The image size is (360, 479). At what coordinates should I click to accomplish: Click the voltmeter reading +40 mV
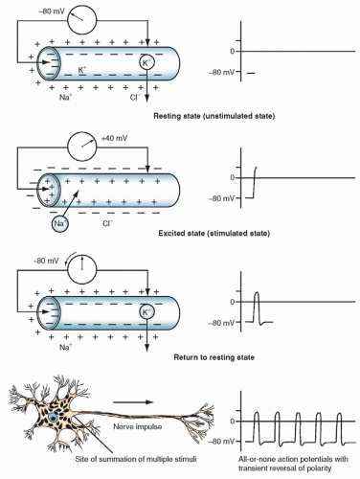81,147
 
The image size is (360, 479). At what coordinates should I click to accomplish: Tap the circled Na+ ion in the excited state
59,223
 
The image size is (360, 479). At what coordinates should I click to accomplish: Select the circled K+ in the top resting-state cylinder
146,63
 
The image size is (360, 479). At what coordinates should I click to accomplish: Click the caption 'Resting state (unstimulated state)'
214,116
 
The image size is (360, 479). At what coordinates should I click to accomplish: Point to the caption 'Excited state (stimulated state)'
214,234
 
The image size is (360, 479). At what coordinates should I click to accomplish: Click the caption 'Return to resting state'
214,357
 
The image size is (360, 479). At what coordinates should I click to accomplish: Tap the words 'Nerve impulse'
138,426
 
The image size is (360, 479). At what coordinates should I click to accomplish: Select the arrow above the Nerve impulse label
133,402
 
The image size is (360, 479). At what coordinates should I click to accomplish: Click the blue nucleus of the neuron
53,418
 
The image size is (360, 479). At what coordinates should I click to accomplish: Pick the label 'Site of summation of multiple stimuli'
136,459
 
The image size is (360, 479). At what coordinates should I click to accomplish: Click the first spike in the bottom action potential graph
257,428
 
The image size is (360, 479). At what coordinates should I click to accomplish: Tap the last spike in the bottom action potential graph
339,428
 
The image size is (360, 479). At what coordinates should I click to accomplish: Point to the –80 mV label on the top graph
221,73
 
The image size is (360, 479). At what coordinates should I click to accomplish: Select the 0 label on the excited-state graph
233,177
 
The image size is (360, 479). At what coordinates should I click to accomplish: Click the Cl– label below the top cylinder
135,97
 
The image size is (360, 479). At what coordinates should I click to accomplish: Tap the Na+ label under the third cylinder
66,347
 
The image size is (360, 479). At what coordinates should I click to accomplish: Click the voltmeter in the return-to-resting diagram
81,270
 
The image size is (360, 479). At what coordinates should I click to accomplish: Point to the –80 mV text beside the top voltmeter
52,11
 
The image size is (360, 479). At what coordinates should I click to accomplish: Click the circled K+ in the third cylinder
146,312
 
